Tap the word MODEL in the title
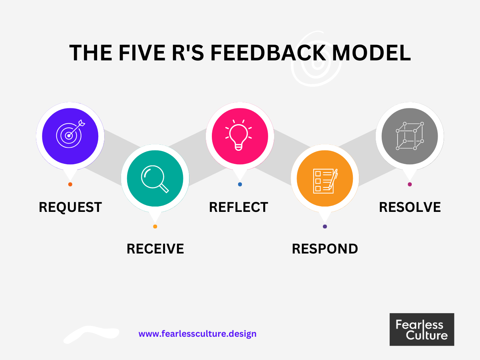tap(371, 53)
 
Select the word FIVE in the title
tap(142, 53)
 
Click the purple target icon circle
tap(70, 136)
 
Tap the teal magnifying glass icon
tap(155, 178)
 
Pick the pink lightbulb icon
tap(240, 136)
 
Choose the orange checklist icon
tap(325, 178)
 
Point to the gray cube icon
tap(409, 136)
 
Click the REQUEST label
tap(70, 207)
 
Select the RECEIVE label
tap(155, 249)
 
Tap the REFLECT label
tap(238, 207)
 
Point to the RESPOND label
tap(325, 249)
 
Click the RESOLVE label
tap(410, 207)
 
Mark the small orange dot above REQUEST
tap(70, 184)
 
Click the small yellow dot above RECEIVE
tap(155, 226)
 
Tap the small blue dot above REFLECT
tap(240, 184)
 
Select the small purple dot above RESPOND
tap(325, 226)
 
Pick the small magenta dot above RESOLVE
tap(410, 184)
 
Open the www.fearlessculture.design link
tap(197, 334)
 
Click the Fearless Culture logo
tap(422, 329)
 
